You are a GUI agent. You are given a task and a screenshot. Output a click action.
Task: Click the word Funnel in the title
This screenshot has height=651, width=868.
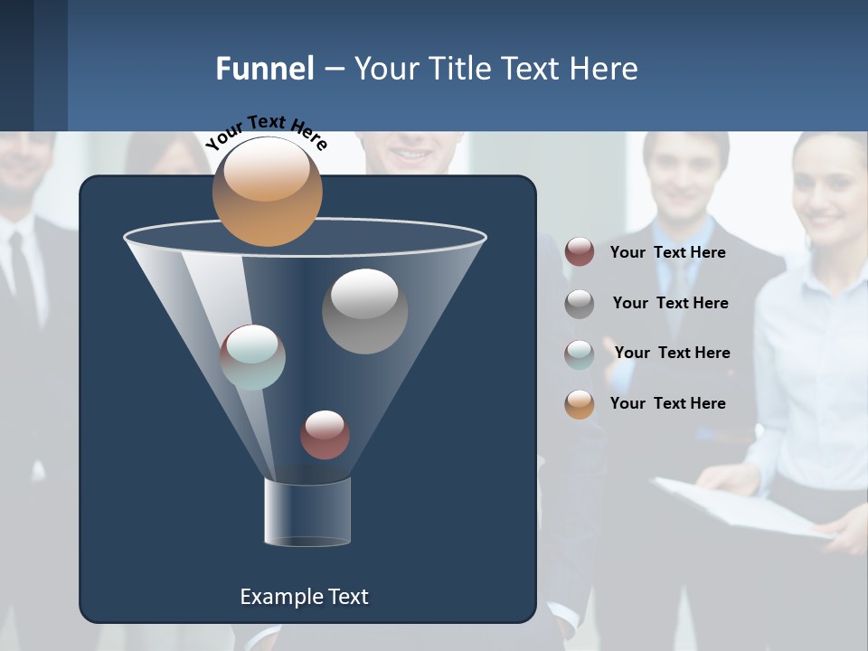click(264, 69)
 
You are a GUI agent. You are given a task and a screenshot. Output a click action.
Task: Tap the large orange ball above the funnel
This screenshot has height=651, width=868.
click(267, 192)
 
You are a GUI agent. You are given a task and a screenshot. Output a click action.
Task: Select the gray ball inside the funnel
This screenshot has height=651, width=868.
click(364, 310)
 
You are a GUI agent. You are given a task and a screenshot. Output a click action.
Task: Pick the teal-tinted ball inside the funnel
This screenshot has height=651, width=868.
click(252, 357)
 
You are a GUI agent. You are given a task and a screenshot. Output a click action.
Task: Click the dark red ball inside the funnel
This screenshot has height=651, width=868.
click(325, 435)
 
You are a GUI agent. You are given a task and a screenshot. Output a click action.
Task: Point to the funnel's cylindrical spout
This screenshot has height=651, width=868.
click(307, 512)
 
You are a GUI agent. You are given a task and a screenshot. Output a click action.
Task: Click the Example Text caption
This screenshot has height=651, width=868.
click(304, 597)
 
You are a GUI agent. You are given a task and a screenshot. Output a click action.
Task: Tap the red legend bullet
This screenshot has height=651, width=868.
click(580, 252)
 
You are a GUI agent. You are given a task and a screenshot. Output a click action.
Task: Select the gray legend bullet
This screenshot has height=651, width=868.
click(580, 304)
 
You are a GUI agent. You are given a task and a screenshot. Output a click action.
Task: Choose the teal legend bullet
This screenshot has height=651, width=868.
click(580, 354)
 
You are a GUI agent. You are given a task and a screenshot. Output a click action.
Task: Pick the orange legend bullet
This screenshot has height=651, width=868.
click(580, 404)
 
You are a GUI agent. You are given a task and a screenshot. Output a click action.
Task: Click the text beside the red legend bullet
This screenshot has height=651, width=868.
click(667, 252)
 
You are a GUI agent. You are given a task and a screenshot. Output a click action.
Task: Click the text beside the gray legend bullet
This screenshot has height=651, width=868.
click(670, 303)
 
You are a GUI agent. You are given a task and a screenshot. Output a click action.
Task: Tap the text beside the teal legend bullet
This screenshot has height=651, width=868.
click(672, 353)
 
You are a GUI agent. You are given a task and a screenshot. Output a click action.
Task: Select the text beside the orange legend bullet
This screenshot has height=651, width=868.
click(667, 403)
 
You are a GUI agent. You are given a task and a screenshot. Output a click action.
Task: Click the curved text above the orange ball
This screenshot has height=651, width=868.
click(266, 131)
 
